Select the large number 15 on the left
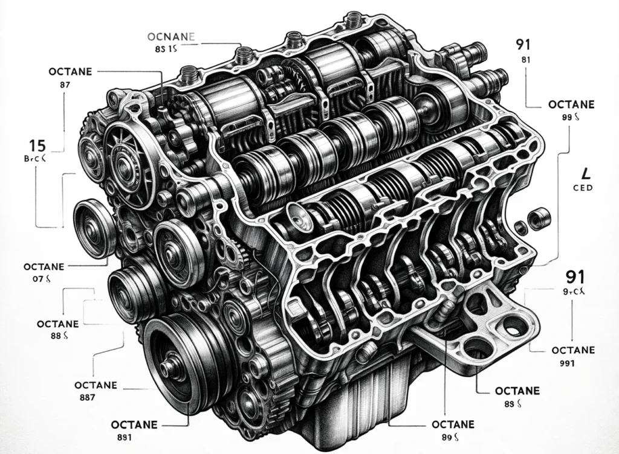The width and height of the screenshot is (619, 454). pos(38,145)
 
